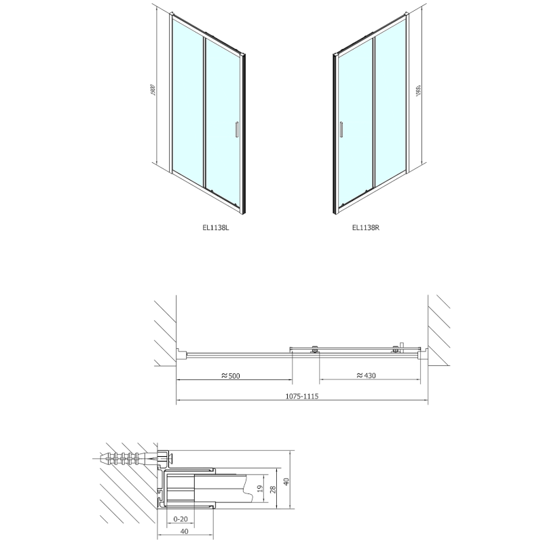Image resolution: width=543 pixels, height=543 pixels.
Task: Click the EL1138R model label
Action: pos(365,229)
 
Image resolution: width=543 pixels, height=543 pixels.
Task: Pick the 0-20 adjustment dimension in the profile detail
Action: pos(181,519)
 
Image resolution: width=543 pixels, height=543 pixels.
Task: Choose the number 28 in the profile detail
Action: pos(272,489)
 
